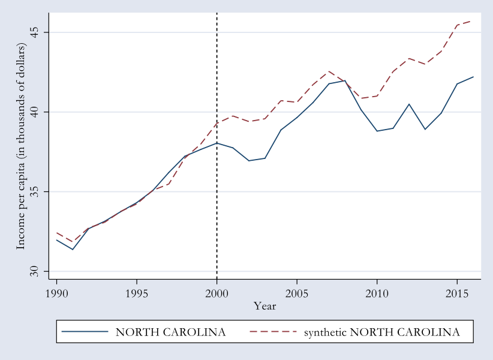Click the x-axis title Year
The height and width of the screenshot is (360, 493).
264,306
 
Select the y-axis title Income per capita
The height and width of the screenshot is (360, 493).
21,146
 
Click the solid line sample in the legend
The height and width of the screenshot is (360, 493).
85,332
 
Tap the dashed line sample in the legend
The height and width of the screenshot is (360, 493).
273,332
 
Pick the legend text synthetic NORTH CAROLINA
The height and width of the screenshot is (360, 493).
382,332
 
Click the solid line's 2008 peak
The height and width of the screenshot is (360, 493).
345,80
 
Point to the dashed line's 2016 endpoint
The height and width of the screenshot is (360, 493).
473,20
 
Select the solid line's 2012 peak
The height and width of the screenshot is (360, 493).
409,104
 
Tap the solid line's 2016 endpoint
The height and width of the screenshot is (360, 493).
473,77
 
